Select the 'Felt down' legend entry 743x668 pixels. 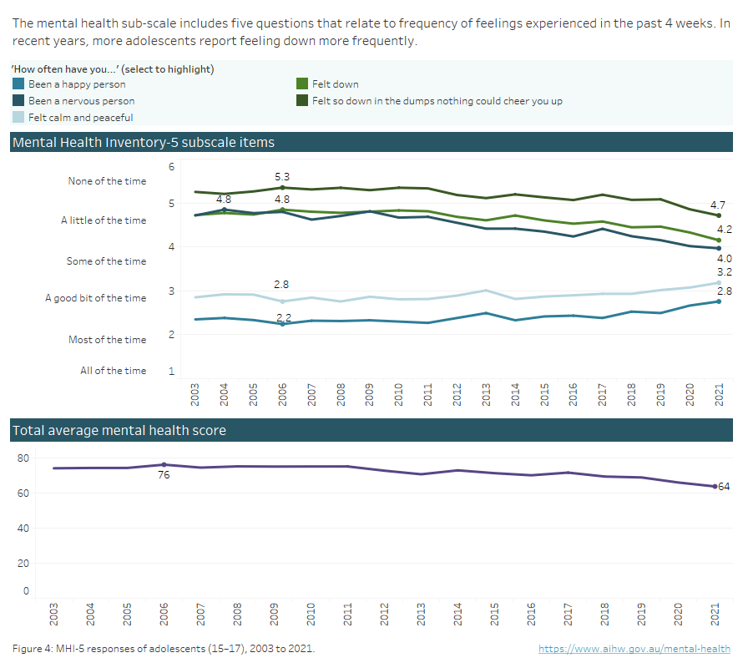click(335, 84)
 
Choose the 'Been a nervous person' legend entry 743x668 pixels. click(81, 101)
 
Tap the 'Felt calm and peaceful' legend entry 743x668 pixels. click(80, 118)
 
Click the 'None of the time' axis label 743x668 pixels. click(107, 181)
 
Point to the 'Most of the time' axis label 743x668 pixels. click(107, 340)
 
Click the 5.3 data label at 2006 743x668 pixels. click(282, 177)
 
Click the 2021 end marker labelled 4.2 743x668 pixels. click(718, 240)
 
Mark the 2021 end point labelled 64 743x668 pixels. click(715, 486)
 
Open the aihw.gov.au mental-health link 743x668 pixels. click(634, 649)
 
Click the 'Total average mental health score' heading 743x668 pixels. click(119, 431)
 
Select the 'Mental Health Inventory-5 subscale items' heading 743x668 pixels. click(143, 143)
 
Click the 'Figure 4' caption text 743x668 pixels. click(164, 649)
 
